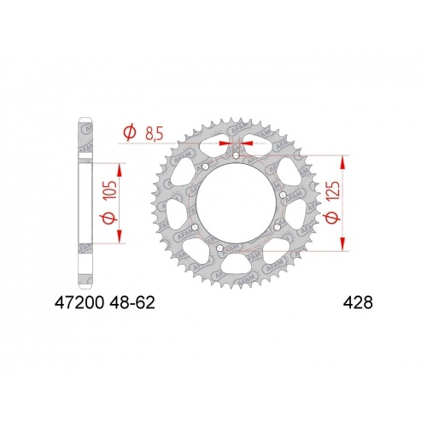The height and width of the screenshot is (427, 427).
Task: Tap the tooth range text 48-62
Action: [x=137, y=302]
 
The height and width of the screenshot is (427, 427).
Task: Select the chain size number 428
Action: [x=357, y=302]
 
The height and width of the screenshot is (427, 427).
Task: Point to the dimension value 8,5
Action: [x=155, y=133]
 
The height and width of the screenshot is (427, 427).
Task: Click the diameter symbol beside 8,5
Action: [x=129, y=133]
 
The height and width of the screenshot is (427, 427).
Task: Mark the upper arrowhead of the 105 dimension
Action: [x=119, y=168]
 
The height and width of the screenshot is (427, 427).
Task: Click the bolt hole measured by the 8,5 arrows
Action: [x=236, y=155]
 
